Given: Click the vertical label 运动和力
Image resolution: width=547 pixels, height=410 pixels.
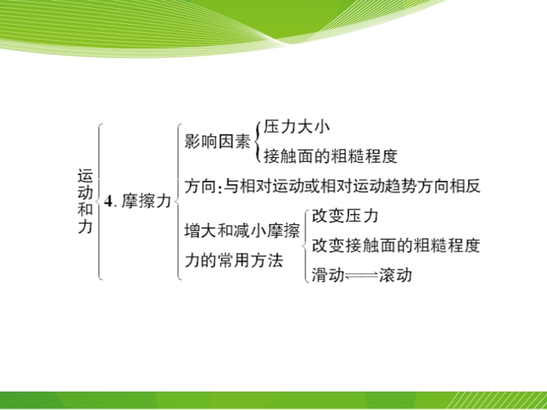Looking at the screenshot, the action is coord(85,201).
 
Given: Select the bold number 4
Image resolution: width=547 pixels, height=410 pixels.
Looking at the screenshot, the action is coord(109,201).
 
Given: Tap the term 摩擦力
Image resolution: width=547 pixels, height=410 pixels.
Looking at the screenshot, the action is coord(146,201).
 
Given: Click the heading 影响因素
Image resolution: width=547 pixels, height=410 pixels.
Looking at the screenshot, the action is coord(217,141).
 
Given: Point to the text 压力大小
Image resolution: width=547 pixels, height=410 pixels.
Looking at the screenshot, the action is coord(297,126).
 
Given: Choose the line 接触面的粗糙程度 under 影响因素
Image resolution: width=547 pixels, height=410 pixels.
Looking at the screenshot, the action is coord(330,156).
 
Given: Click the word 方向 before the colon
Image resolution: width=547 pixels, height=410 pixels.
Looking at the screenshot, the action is coord(200,186).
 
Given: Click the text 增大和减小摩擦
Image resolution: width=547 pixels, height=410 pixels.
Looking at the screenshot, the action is coord(242,231).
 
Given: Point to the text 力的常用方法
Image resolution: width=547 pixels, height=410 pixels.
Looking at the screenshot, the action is coord(233,260).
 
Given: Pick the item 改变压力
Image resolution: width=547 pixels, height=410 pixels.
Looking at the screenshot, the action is coord(345,216).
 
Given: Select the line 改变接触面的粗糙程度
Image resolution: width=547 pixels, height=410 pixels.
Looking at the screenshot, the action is coord(396,245).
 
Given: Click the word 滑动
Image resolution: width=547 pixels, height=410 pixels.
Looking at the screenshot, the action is coord(328,275).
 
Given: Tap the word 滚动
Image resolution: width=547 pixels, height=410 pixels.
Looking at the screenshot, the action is coord(395,275).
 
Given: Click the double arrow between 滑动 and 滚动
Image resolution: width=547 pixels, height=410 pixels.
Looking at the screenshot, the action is coord(362,276).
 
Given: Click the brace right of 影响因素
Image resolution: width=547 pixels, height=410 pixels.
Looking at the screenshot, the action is coord(257,141).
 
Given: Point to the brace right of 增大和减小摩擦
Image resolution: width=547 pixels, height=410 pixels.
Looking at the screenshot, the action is coord(305,246).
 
